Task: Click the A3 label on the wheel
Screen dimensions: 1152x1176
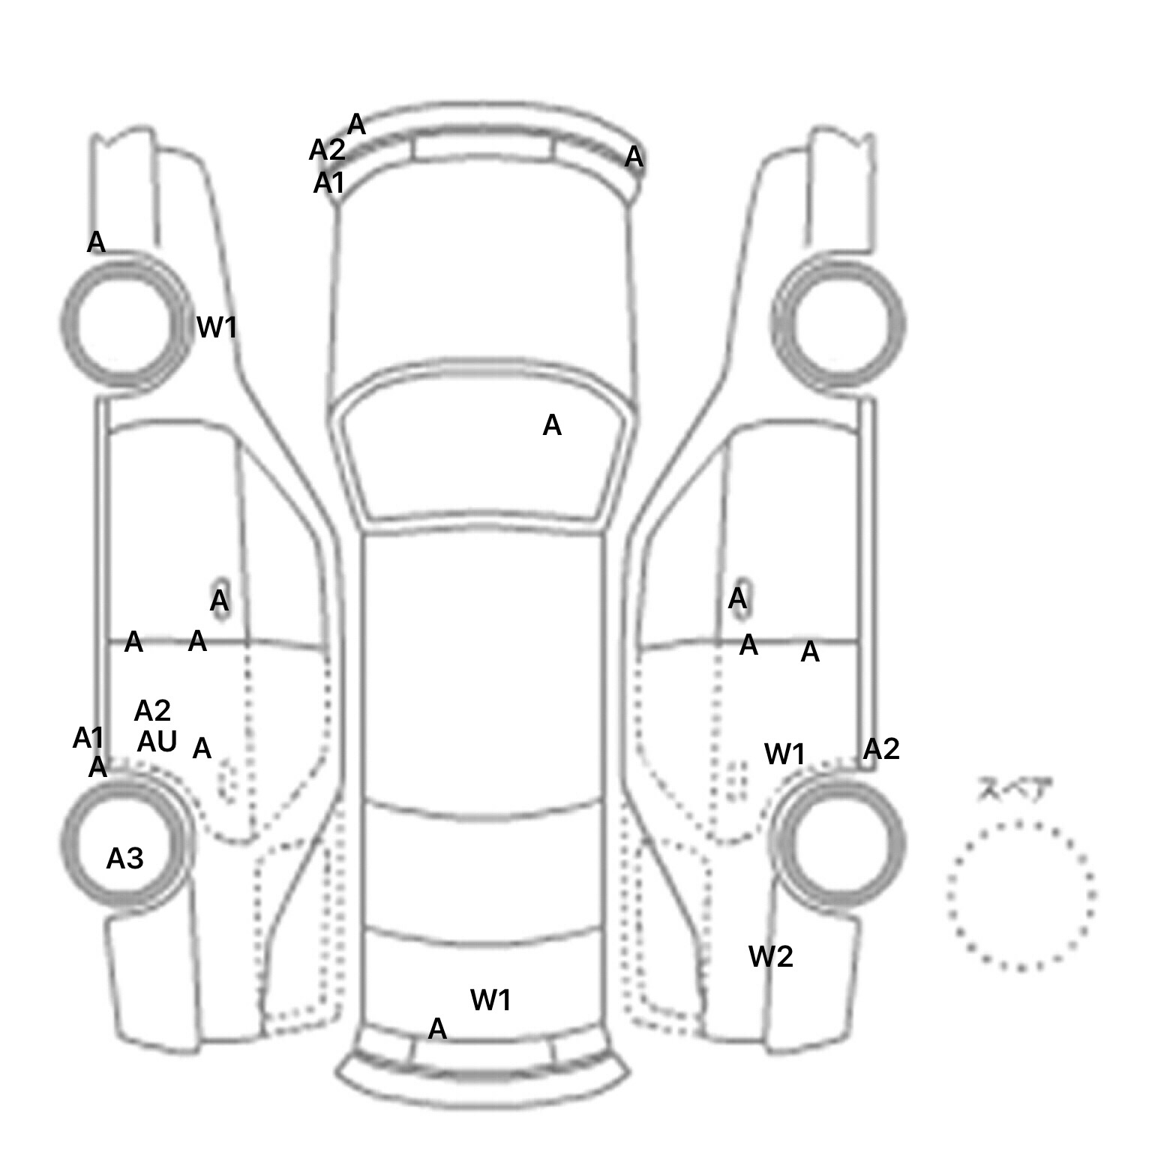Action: [124, 859]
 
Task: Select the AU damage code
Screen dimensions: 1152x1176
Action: [157, 742]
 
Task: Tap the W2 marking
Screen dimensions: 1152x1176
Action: [771, 956]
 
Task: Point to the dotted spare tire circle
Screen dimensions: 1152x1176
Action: [1021, 895]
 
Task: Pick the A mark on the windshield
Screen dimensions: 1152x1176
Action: [552, 426]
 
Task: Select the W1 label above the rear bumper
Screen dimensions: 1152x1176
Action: [490, 1000]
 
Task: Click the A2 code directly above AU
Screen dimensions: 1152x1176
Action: [152, 710]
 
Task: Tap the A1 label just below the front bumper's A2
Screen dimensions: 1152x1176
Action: [328, 182]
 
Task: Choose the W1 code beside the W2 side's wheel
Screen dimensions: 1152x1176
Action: [784, 754]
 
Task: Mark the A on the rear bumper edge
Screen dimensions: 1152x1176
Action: [437, 1029]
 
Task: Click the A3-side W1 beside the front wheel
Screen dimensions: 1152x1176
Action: [217, 327]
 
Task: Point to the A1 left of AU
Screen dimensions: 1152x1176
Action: [88, 739]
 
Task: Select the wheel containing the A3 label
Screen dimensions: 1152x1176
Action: [124, 844]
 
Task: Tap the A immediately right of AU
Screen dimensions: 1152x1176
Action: [202, 748]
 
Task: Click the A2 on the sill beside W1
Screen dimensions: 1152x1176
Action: [881, 749]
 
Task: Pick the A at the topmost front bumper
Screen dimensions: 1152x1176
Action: [357, 124]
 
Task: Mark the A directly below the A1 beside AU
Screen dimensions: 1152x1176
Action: [97, 768]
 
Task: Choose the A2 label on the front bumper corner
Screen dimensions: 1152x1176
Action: [327, 151]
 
